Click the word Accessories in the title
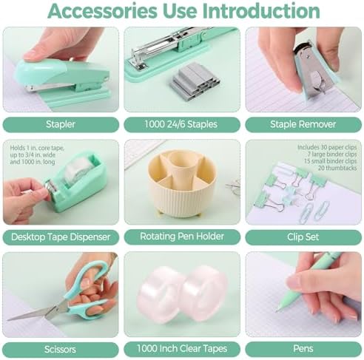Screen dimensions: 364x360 103,11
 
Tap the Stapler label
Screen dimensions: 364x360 61,124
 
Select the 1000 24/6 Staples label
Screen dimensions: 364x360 182,124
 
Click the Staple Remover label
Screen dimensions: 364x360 303,124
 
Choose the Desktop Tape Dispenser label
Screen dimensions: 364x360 61,237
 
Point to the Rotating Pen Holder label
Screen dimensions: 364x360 182,237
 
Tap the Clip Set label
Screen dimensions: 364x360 303,237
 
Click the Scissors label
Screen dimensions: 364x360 61,350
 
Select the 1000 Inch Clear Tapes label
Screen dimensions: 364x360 182,349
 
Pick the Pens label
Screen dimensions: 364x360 303,349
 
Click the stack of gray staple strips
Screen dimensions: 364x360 194,80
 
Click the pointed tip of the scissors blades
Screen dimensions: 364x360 8,320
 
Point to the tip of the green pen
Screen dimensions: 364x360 277,310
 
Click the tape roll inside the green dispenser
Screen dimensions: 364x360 78,170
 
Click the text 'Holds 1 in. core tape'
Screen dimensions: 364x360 37,148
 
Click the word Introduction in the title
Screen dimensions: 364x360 261,11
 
